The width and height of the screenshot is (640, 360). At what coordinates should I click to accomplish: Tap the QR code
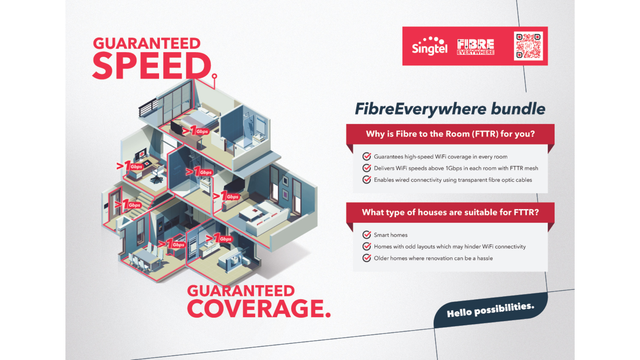[x=528, y=46]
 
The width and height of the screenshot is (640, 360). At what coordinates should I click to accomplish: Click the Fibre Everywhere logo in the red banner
[x=476, y=47]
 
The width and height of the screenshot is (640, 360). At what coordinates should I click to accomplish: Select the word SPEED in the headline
[x=152, y=66]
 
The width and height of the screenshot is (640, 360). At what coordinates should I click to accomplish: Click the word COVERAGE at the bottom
[x=258, y=309]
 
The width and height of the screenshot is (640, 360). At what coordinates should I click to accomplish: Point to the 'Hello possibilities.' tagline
[x=490, y=310]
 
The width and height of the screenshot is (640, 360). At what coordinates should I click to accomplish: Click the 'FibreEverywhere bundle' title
[x=450, y=109]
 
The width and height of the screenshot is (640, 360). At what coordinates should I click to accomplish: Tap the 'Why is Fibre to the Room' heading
[x=450, y=134]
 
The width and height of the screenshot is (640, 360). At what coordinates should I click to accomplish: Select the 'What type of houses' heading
[x=450, y=212]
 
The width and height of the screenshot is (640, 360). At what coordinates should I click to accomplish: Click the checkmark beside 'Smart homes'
[x=367, y=235]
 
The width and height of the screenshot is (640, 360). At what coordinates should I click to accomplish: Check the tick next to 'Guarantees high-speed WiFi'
[x=367, y=157]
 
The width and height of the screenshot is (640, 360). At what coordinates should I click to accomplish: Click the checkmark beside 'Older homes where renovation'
[x=367, y=258]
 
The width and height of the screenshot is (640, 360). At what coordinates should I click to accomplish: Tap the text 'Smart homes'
[x=391, y=235]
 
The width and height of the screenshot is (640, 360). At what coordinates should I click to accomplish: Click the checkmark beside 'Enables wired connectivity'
[x=367, y=180]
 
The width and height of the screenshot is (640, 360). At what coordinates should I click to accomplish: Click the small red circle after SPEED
[x=214, y=76]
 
